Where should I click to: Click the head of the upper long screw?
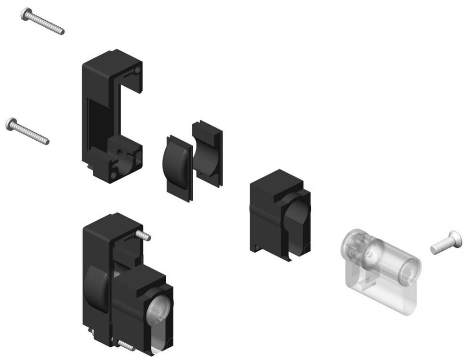coord(26,14)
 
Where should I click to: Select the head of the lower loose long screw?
coord(11,124)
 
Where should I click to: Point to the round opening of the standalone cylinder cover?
coord(297,216)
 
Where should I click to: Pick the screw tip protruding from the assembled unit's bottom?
coord(125,345)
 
